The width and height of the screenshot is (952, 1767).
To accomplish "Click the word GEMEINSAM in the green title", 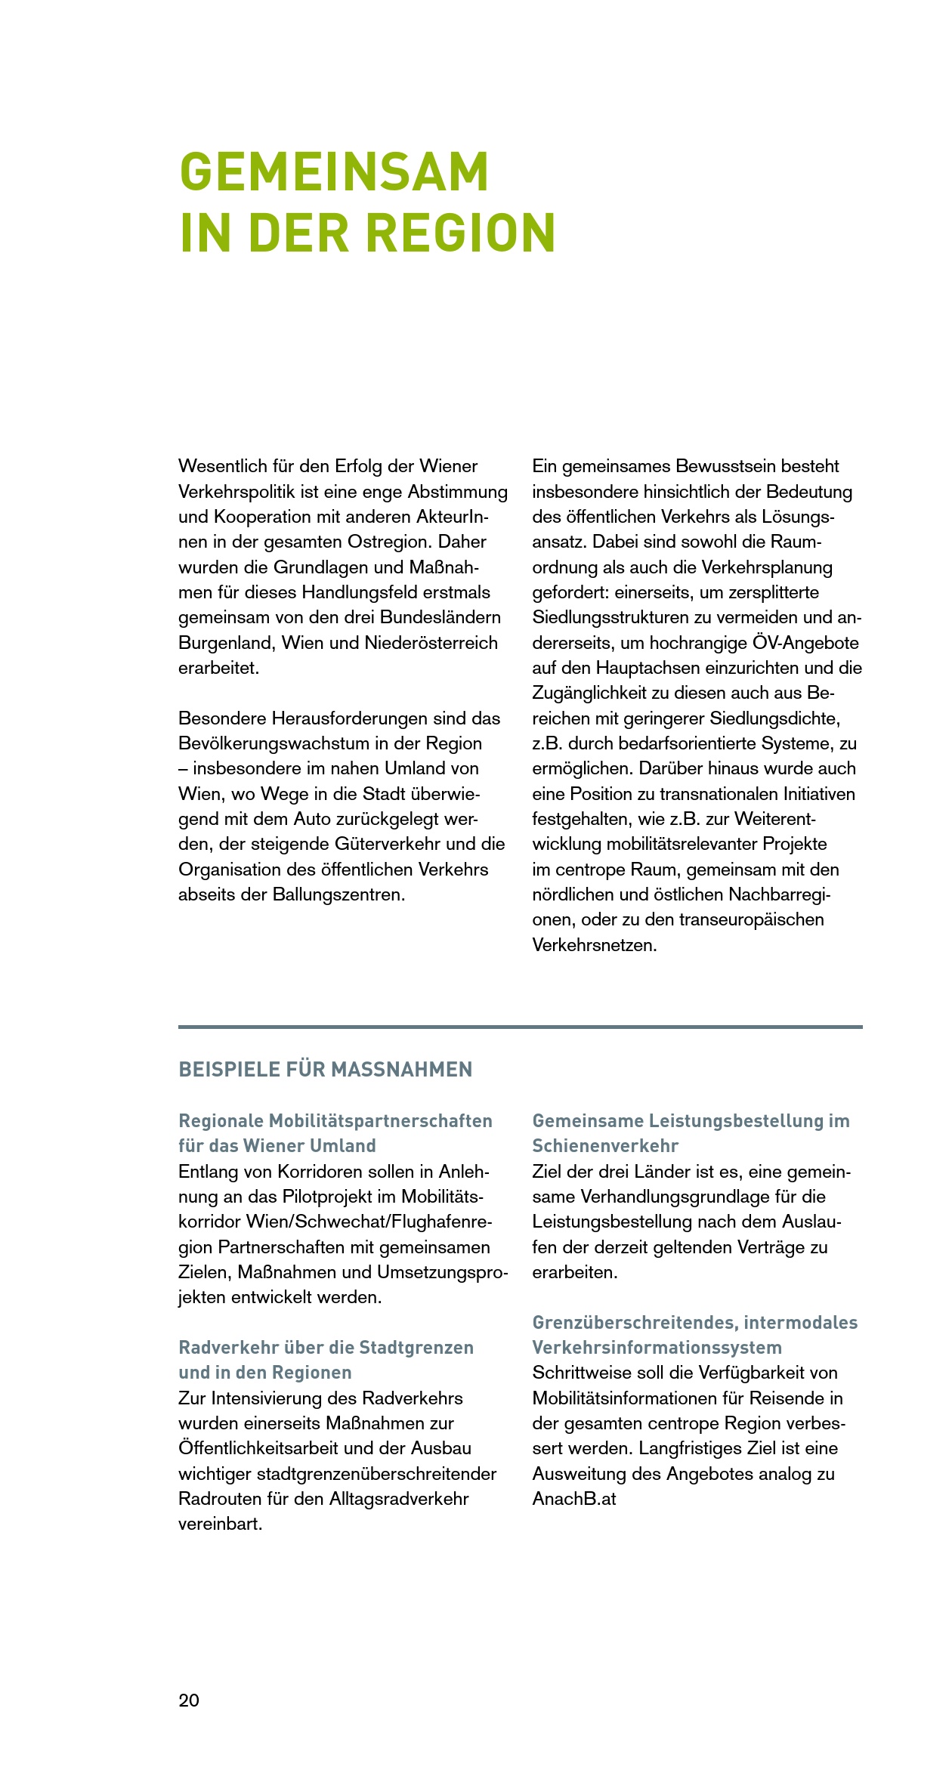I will (x=334, y=172).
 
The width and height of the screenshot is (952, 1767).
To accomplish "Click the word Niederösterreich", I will (x=431, y=643).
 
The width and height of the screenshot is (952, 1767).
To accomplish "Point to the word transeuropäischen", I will (x=751, y=919).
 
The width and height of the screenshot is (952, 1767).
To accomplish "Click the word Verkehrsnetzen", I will (x=595, y=945).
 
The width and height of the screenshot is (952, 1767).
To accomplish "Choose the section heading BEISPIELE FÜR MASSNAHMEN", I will (x=326, y=1070).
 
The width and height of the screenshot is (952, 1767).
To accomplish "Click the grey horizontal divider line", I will (x=520, y=1027).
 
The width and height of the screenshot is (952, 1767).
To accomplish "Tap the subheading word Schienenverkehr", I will (x=605, y=1146).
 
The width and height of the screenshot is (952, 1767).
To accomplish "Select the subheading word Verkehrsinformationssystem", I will (x=657, y=1348).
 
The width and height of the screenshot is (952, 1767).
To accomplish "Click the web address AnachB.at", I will (x=574, y=1499).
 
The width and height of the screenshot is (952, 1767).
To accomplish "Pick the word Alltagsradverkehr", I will (x=399, y=1499).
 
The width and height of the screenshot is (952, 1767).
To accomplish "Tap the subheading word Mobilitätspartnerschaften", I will (x=381, y=1121).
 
